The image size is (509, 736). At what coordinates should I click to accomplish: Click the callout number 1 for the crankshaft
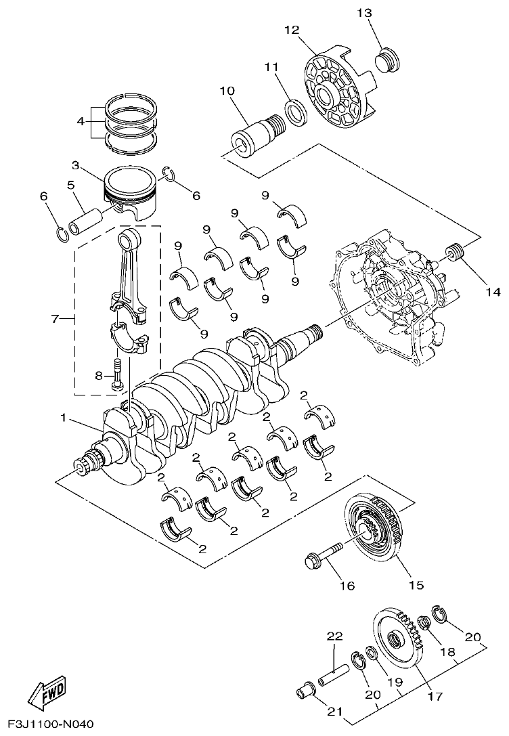coord(64,418)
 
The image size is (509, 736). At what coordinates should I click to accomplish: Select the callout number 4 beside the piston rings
coord(81,122)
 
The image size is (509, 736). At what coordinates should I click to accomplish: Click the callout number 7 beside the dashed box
coord(56,317)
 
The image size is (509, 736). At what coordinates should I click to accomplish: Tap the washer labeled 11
coord(295,110)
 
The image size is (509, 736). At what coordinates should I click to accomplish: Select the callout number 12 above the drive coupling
coord(291,30)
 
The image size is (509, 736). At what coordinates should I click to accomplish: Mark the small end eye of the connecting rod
coord(128,240)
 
